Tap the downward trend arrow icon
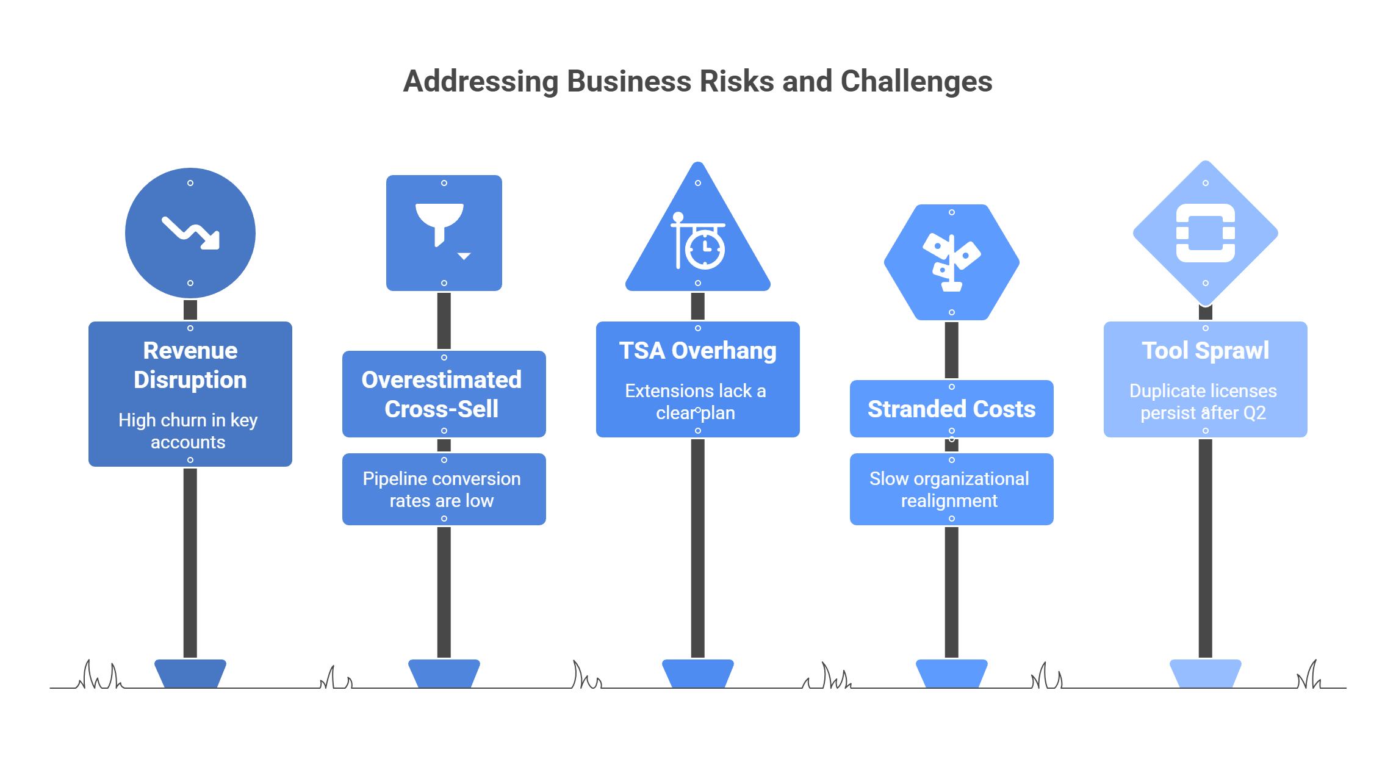tap(191, 233)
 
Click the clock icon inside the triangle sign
tap(704, 248)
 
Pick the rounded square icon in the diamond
tap(1205, 233)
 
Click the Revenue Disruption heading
tap(190, 365)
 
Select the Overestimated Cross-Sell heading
tap(442, 394)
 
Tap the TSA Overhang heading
tap(697, 351)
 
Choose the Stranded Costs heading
tap(951, 409)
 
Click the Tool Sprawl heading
tap(1205, 351)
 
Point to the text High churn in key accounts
tap(188, 431)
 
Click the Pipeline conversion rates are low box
tap(444, 489)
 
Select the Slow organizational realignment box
tap(951, 489)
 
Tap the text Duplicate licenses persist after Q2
tap(1203, 401)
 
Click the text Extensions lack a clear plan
tap(696, 401)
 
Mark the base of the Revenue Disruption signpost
tap(190, 674)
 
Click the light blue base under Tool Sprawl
tap(1205, 674)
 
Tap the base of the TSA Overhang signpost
tap(697, 674)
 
